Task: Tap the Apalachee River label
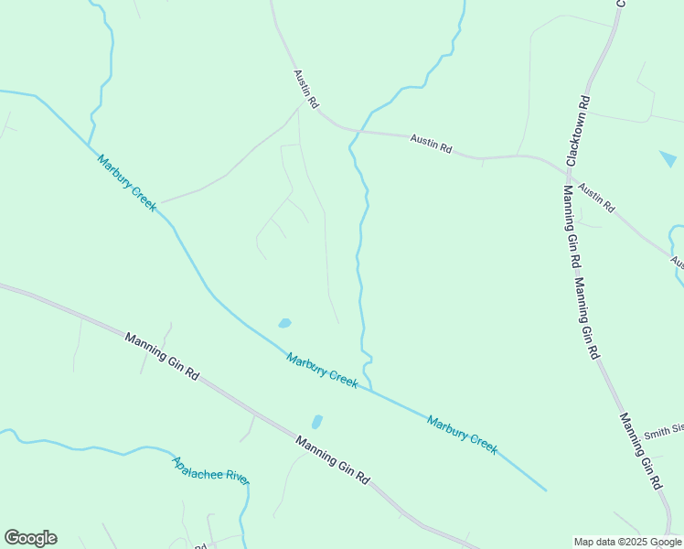[210, 471]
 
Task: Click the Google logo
[30, 538]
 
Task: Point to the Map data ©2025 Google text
[628, 542]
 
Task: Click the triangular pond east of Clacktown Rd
[668, 159]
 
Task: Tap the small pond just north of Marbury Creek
[284, 323]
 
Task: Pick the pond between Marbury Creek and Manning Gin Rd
[316, 422]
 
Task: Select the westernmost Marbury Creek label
[127, 182]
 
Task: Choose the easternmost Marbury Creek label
[463, 435]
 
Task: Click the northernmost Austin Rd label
[305, 89]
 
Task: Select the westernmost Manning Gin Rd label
[162, 355]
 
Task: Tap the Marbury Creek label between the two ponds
[322, 370]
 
